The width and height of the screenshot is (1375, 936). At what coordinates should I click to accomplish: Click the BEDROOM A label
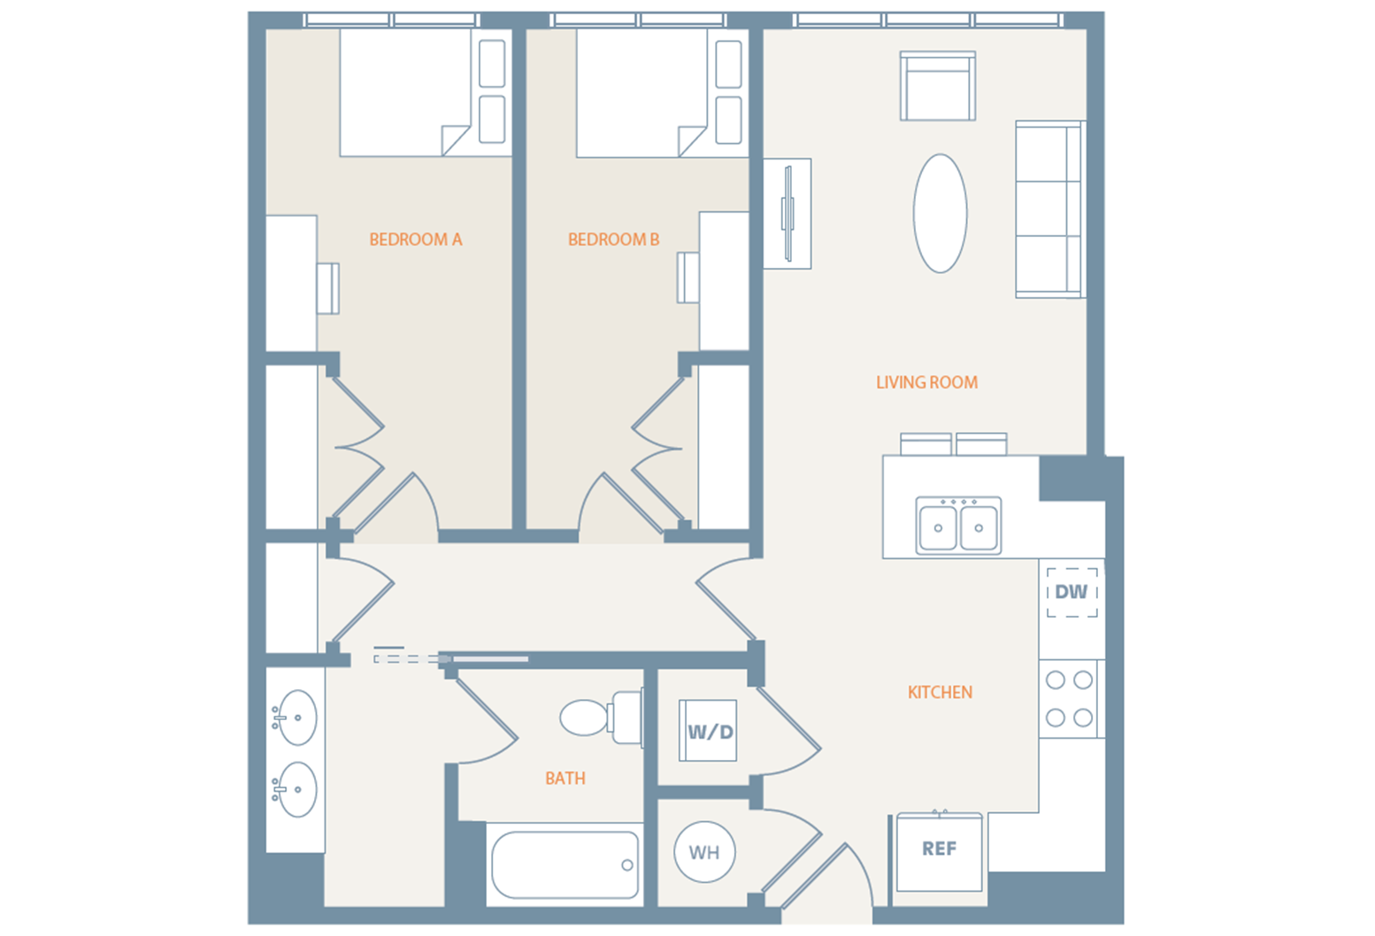point(416,240)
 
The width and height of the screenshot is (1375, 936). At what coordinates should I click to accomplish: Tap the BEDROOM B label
point(613,240)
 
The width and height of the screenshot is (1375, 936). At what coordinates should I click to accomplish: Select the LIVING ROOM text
point(926,382)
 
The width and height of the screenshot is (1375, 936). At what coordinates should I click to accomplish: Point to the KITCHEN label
point(940,693)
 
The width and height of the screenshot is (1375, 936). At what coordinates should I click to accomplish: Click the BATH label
point(565,779)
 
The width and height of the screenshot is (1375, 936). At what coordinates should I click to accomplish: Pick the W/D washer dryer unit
point(708,731)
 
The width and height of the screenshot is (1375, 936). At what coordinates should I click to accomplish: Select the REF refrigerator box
point(939,851)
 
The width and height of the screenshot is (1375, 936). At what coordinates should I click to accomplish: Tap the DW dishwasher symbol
point(1072,592)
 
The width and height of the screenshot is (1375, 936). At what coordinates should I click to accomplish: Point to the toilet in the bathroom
point(600,717)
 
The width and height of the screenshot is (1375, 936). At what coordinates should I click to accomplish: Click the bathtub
point(565,865)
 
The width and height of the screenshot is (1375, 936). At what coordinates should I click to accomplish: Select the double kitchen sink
point(958,526)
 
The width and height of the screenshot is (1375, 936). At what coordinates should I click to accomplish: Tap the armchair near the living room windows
point(937,86)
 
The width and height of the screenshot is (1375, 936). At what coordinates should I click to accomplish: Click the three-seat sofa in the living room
point(1050,210)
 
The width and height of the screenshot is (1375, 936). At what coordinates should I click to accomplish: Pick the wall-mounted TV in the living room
point(787,213)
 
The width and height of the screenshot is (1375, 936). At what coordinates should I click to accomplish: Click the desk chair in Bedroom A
point(327,288)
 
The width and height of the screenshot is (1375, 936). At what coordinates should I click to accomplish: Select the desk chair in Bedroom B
point(688,278)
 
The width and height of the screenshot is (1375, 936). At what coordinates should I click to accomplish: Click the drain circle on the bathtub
point(626,865)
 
